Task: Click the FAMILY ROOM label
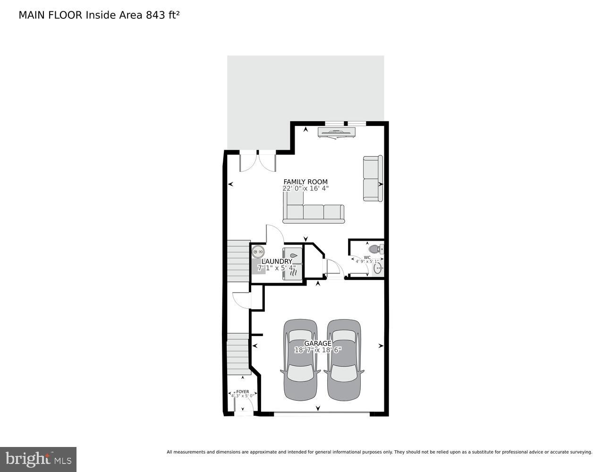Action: [x=305, y=182]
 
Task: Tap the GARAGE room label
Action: [x=317, y=343]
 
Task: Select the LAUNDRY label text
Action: [x=277, y=261]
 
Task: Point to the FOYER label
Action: [x=242, y=392]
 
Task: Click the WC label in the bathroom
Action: [x=367, y=257]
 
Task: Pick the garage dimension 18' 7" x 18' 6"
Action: [x=317, y=350]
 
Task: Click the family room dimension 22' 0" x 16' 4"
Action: [x=305, y=188]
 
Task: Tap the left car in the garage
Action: [x=300, y=360]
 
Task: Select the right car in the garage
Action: [x=344, y=360]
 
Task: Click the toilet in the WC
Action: [x=375, y=248]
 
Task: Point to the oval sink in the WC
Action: [x=377, y=269]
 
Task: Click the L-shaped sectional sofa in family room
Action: [x=313, y=213]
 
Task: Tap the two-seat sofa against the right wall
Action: [x=373, y=178]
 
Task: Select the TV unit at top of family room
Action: [x=336, y=133]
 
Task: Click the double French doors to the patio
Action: [x=258, y=162]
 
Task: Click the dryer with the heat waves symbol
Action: [x=292, y=272]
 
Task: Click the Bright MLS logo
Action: [x=38, y=459]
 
